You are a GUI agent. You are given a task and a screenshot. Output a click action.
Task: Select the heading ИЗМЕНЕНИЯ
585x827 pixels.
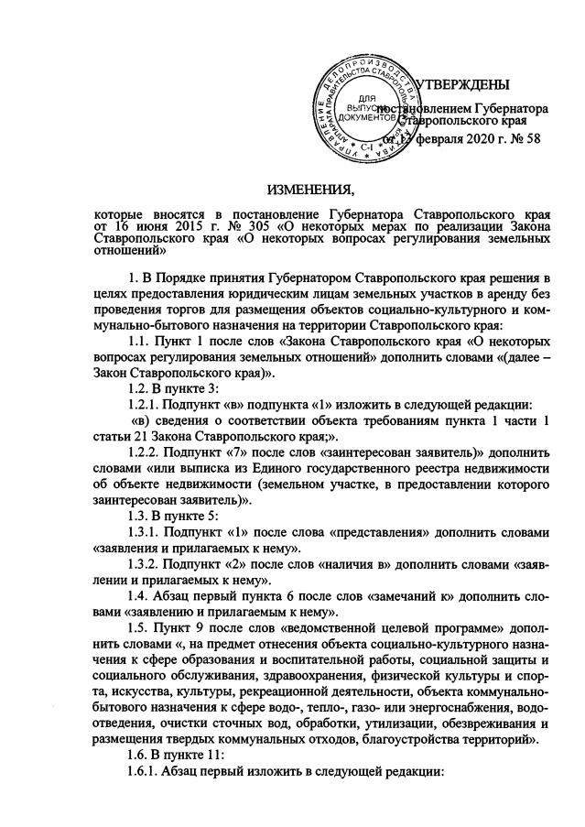point(309,190)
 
